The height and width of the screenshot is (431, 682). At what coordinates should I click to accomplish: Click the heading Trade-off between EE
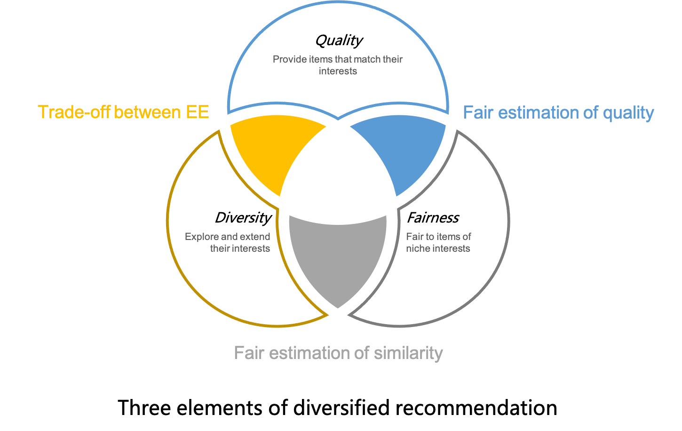coord(123,112)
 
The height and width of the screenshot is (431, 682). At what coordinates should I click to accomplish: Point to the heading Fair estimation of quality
coord(558,113)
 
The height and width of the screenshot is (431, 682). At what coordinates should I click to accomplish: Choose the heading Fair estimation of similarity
coord(338,353)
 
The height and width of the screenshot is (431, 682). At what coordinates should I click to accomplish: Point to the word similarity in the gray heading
coord(408,353)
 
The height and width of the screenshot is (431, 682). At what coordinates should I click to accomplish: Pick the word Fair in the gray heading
coord(249,353)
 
